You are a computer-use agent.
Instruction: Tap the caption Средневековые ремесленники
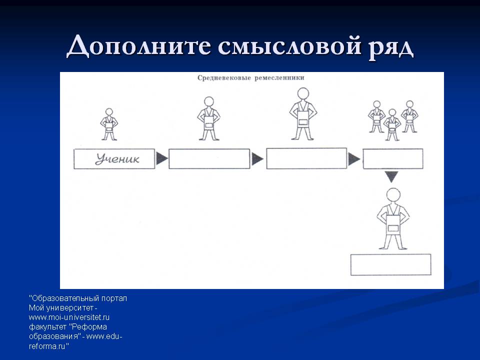coord(250,78)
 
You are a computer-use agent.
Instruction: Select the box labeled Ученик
coord(114,159)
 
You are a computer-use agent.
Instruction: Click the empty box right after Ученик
coord(209,159)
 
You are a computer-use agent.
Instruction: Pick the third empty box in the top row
coord(306,158)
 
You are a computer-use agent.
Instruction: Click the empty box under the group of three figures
coord(393,159)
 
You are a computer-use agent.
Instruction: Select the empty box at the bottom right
coord(390,265)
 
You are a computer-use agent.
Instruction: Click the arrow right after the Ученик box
coord(161,159)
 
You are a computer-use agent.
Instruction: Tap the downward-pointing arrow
coord(391,176)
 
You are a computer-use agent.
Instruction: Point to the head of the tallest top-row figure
coord(303,94)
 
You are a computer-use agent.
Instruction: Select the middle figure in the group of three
coord(392,125)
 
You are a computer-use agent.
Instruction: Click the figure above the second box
coord(209,119)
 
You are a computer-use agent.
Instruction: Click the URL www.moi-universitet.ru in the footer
coord(69,317)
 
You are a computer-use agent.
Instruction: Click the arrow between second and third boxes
coord(257,159)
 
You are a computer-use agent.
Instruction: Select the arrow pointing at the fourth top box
coord(354,159)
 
